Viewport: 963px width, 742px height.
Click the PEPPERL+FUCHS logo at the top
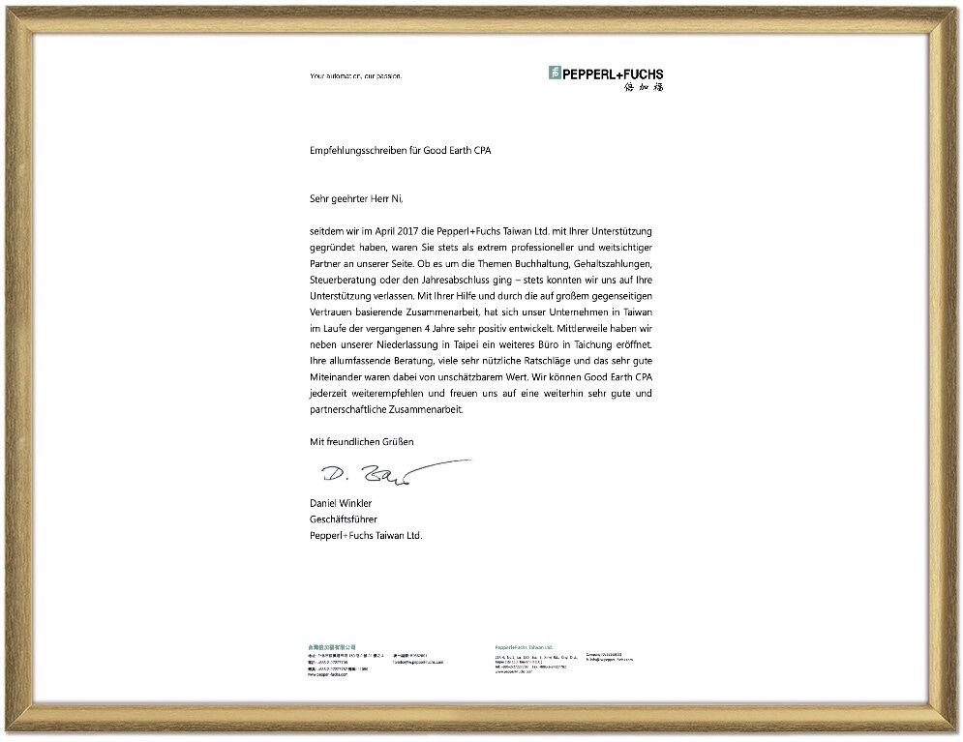tap(606, 74)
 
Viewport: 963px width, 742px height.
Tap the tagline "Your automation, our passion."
tap(355, 75)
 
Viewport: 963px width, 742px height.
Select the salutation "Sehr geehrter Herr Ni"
tap(354, 198)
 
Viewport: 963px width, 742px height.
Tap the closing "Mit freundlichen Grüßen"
tap(361, 441)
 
